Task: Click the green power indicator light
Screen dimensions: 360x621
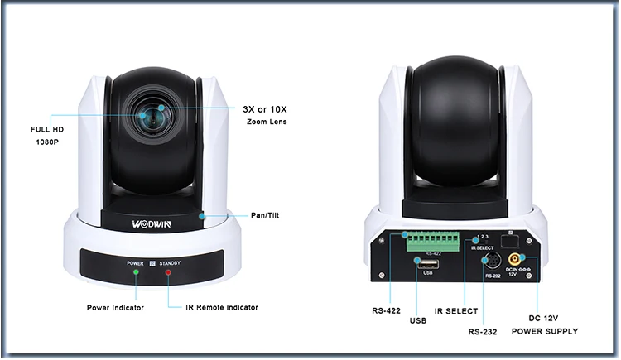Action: tap(137, 271)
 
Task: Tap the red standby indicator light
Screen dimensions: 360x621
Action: tap(167, 271)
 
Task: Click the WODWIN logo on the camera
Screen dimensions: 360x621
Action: tap(158, 223)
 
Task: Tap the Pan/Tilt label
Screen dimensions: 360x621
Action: tap(265, 215)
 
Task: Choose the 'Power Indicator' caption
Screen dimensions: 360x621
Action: tap(116, 308)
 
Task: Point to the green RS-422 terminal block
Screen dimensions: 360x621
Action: tap(432, 242)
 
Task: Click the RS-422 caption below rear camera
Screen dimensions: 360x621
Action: tap(387, 312)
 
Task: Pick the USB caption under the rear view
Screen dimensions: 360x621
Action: tap(417, 319)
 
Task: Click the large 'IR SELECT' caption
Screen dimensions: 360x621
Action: tap(456, 312)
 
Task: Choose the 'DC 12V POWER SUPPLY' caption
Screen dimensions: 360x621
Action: tap(544, 324)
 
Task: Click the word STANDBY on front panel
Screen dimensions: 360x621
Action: tap(171, 262)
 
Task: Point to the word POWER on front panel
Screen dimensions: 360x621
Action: tap(135, 262)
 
